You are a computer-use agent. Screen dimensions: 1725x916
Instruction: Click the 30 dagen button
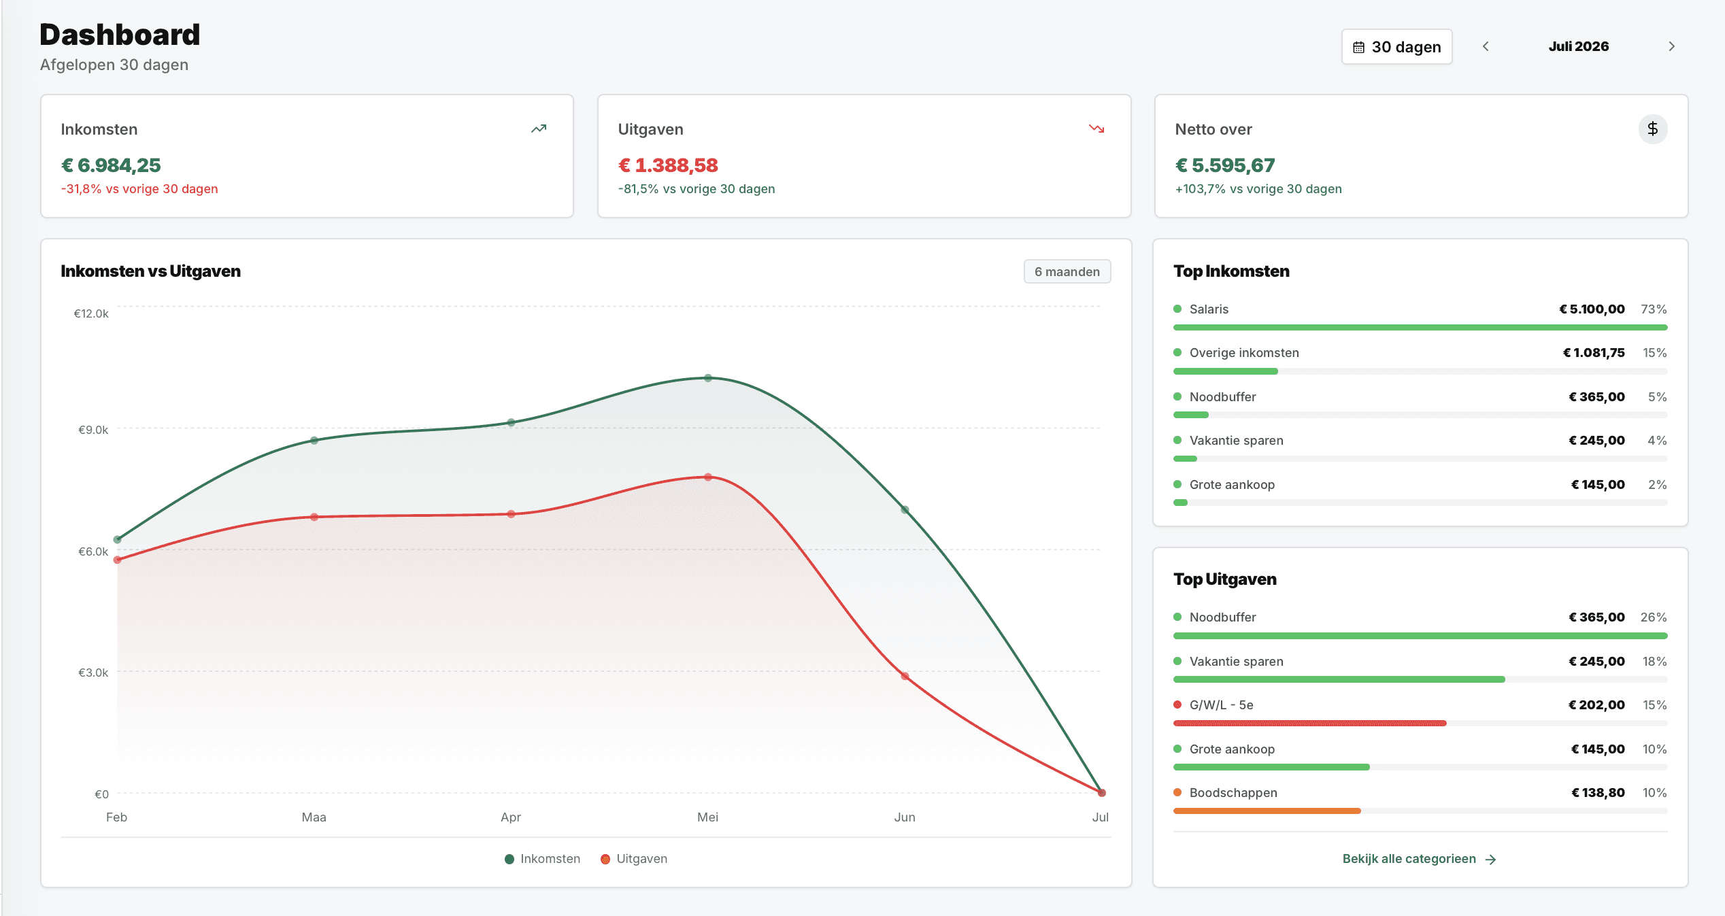point(1396,47)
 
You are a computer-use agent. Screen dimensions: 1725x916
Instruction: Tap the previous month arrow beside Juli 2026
point(1486,46)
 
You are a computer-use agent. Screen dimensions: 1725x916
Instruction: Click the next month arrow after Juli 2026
point(1672,46)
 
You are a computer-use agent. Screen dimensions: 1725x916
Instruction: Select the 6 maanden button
point(1067,271)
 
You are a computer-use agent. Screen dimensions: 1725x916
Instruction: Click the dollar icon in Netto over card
point(1653,129)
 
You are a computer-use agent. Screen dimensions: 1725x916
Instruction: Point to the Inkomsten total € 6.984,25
point(111,165)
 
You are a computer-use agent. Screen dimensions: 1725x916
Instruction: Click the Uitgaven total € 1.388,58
point(668,165)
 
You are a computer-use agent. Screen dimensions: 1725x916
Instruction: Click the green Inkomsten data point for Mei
point(708,377)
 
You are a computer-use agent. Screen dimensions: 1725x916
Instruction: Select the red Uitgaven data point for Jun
point(905,676)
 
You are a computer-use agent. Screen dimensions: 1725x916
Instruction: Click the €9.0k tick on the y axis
point(93,430)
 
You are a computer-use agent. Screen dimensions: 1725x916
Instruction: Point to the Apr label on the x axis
point(511,817)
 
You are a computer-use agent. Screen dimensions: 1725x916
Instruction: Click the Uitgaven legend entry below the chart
point(634,859)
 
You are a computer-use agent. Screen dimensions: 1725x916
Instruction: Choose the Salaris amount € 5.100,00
point(1592,309)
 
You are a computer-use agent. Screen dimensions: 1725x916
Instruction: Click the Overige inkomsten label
point(1244,353)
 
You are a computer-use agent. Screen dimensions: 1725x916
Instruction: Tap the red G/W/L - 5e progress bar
point(1310,723)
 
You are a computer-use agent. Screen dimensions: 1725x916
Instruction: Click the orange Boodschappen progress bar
point(1267,811)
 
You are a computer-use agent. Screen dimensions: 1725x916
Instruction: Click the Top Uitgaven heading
point(1225,579)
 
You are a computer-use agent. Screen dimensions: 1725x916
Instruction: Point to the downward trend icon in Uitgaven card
point(1096,129)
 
